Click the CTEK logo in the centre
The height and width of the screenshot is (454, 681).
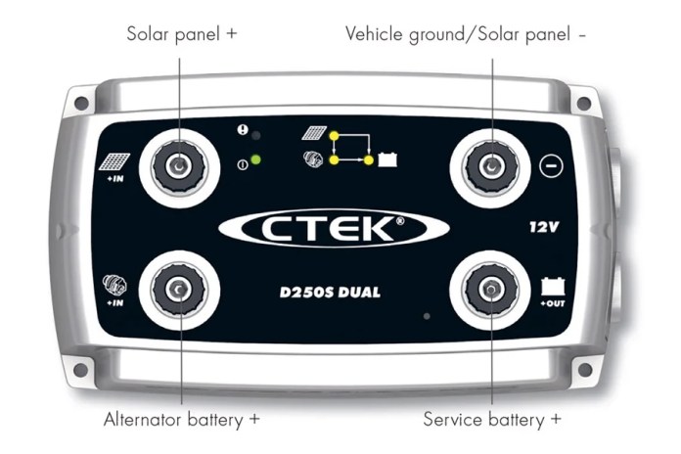click(334, 228)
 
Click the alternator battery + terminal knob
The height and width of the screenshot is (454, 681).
click(179, 290)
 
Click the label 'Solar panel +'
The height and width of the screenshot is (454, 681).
click(182, 34)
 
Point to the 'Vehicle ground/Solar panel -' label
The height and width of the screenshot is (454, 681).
click(466, 34)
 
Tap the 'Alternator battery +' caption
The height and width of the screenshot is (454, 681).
click(182, 420)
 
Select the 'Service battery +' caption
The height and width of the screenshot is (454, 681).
click(492, 420)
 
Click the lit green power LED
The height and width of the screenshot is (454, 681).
click(255, 159)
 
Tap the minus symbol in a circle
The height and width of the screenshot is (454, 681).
click(552, 166)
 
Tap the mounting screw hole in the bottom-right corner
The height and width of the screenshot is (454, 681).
click(584, 369)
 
